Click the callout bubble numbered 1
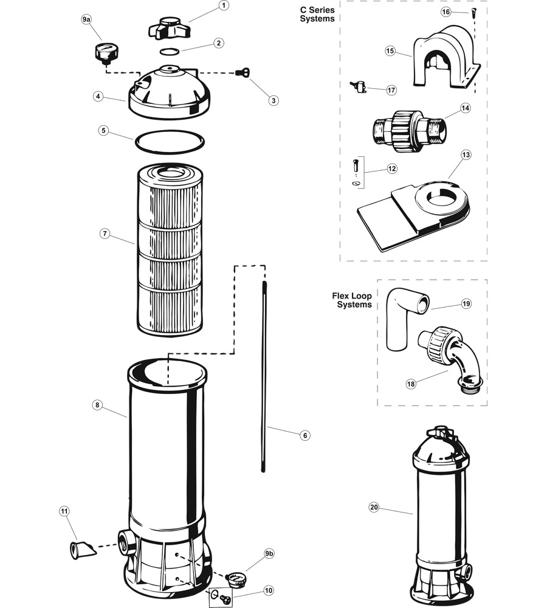tap(223, 5)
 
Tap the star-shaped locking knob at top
tap(169, 28)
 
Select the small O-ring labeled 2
tap(170, 51)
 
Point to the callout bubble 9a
tap(86, 19)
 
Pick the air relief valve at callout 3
tap(243, 72)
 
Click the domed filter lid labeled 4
tap(169, 92)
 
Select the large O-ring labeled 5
tap(170, 142)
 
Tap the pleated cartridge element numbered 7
tap(170, 250)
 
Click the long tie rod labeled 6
tap(264, 376)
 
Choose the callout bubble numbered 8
tap(97, 405)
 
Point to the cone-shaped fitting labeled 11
tap(82, 550)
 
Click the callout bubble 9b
tap(269, 554)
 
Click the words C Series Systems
tap(317, 15)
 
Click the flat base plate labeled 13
tap(413, 216)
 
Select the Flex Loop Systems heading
tap(352, 300)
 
